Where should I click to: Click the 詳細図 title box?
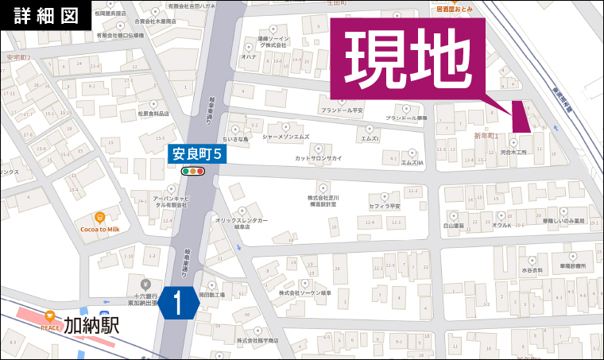[46, 16]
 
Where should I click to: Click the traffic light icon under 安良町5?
[193, 170]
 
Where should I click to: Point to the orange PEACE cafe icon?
[51, 315]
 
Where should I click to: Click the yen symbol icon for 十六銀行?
[145, 284]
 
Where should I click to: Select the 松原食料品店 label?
[153, 114]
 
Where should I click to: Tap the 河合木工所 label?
[513, 153]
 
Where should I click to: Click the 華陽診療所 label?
[571, 266]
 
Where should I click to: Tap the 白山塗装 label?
[453, 226]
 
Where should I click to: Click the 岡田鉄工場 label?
[212, 295]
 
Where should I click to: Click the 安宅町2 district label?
[18, 58]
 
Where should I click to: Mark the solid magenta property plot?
[521, 117]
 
